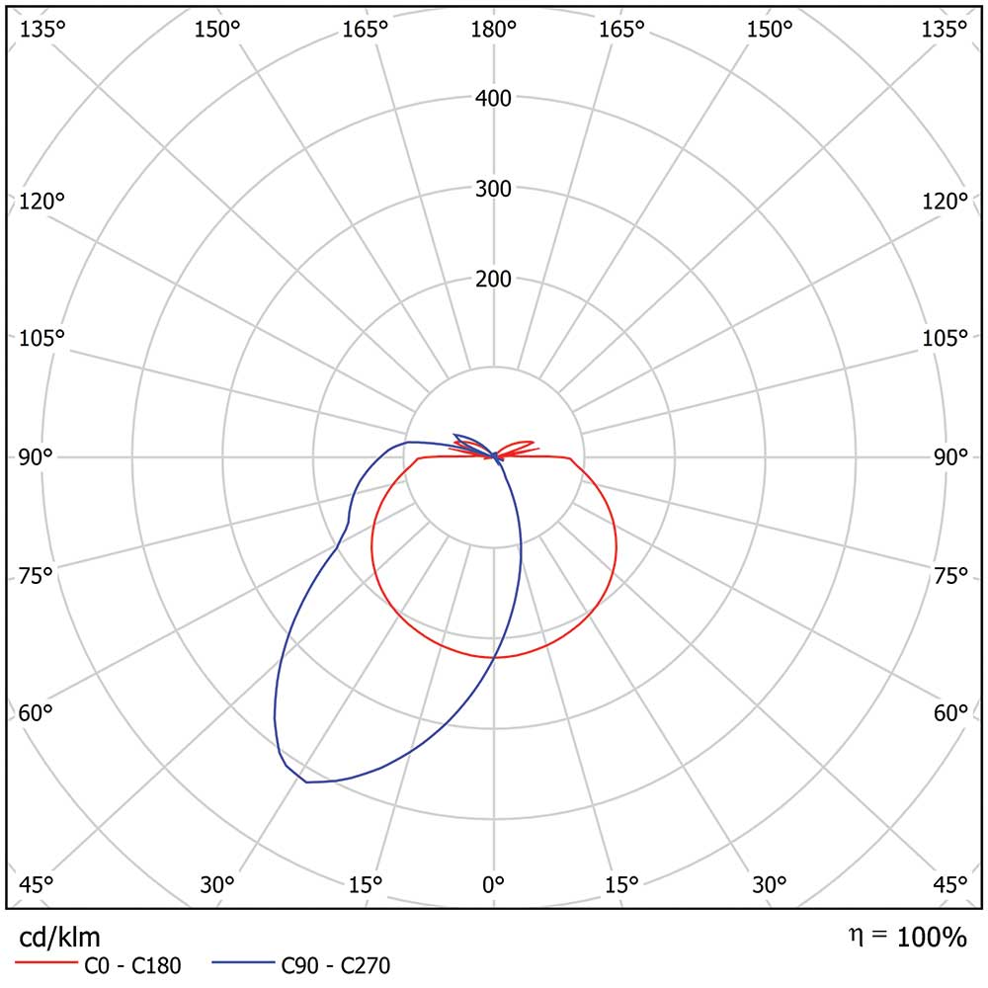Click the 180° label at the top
click(493, 30)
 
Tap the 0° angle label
click(493, 883)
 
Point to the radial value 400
click(493, 98)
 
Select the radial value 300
click(493, 189)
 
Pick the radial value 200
click(493, 280)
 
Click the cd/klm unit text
click(60, 936)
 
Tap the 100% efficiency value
click(932, 937)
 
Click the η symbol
click(855, 934)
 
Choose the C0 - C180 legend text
click(130, 966)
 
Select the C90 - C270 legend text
click(336, 966)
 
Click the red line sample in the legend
click(45, 961)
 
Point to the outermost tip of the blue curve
click(306, 782)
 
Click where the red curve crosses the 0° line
click(494, 657)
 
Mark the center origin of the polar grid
click(494, 456)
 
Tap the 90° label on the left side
click(36, 456)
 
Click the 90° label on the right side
click(950, 456)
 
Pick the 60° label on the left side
click(36, 713)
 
